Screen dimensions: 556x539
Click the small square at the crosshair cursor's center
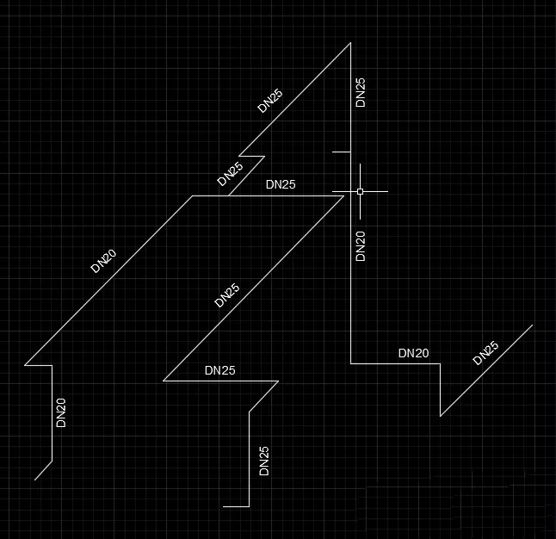click(x=360, y=192)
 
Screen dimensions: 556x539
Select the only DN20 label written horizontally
click(x=413, y=353)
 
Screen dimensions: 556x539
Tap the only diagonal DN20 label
click(x=103, y=261)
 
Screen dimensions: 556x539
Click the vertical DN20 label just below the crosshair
click(x=361, y=246)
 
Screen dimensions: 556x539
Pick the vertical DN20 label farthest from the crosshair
click(x=61, y=412)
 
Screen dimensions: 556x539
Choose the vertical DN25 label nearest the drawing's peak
click(x=361, y=92)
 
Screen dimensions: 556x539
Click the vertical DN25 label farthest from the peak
click(x=264, y=461)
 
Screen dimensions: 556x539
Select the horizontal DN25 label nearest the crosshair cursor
click(x=281, y=184)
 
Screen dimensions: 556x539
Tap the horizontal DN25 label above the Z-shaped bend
click(x=219, y=370)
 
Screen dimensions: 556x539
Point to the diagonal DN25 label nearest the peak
click(x=270, y=101)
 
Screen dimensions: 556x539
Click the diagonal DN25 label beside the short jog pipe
click(x=230, y=174)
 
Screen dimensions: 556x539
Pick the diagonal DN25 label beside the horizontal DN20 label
click(x=485, y=353)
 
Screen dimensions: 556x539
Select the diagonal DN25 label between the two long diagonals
click(x=227, y=295)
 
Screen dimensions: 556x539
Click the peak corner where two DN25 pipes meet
click(x=350, y=43)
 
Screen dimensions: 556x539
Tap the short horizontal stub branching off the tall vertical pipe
click(x=341, y=152)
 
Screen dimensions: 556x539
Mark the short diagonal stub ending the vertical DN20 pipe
click(x=43, y=470)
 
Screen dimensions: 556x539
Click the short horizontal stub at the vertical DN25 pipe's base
click(x=236, y=506)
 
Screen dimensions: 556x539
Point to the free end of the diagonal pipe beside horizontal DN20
click(x=533, y=325)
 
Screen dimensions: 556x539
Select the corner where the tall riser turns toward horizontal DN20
click(x=350, y=363)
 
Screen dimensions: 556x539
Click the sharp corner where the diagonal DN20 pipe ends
click(x=25, y=365)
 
